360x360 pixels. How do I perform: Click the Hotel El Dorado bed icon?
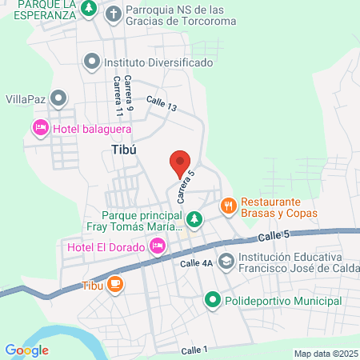157,247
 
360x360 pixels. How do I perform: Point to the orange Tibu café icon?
115,284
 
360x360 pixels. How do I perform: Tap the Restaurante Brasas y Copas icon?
229,206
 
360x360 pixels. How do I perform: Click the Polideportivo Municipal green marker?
212,301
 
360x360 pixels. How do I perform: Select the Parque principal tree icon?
194,218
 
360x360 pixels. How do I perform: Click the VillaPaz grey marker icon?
58,99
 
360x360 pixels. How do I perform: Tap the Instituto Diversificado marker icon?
93,61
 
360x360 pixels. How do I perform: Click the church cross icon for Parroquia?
114,13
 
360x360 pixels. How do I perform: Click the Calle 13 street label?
161,102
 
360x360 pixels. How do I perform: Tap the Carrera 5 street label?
185,186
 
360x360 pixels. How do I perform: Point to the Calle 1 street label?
194,350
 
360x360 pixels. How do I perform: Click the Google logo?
26,350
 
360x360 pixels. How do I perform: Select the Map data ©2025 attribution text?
326,354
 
